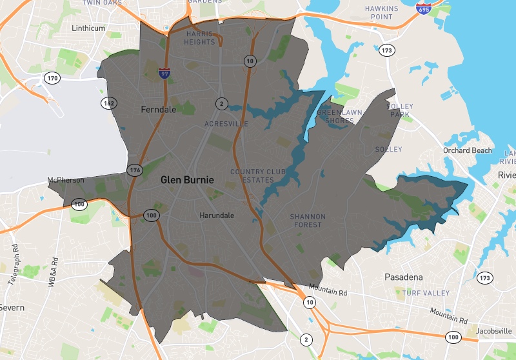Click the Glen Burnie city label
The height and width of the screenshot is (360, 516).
pyautogui.click(x=187, y=180)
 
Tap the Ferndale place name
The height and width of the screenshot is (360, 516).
pyautogui.click(x=158, y=110)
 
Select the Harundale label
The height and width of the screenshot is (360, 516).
pyautogui.click(x=217, y=215)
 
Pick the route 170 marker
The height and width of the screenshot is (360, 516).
pyautogui.click(x=52, y=79)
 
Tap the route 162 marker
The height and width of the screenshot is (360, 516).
pyautogui.click(x=108, y=103)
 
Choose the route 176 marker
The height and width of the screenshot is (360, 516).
pyautogui.click(x=135, y=170)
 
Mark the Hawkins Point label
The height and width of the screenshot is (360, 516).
pyautogui.click(x=379, y=12)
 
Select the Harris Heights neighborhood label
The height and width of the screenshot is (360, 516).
pyautogui.click(x=200, y=37)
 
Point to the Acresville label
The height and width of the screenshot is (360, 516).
pyautogui.click(x=226, y=123)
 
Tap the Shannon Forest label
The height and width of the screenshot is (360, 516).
pyautogui.click(x=308, y=221)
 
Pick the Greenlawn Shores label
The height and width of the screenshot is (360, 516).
pyautogui.click(x=340, y=116)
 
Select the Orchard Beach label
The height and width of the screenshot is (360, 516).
pyautogui.click(x=467, y=151)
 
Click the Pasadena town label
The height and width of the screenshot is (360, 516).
pyautogui.click(x=403, y=277)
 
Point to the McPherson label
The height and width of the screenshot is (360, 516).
pyautogui.click(x=65, y=180)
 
